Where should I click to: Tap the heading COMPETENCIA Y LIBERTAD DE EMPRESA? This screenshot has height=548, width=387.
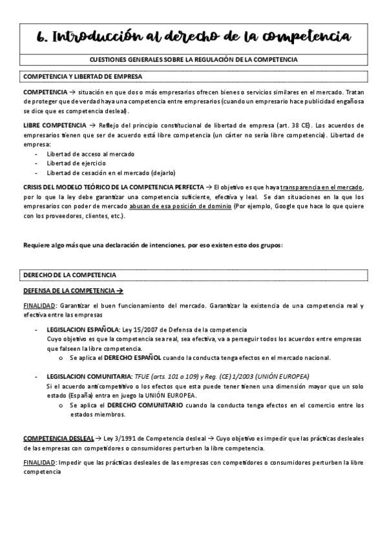click(78, 76)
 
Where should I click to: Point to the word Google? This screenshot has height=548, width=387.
click(284, 206)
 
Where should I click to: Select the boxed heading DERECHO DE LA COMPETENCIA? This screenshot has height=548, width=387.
click(70, 275)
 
